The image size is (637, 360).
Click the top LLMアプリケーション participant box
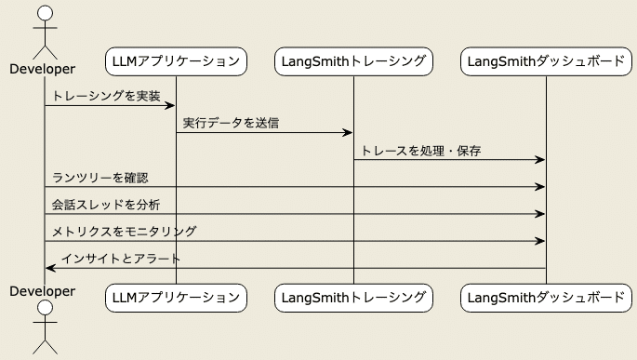tap(176, 62)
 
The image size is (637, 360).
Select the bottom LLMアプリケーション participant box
tap(176, 298)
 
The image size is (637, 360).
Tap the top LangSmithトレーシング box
tap(353, 62)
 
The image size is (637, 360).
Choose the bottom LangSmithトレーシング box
tap(353, 298)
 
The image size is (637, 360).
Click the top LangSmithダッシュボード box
tap(546, 62)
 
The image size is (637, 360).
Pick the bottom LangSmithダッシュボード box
tap(546, 298)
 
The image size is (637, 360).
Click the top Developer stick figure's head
tap(44, 13)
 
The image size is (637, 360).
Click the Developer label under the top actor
tap(43, 69)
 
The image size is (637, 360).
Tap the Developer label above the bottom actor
tap(43, 291)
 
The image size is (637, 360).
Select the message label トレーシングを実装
tap(106, 96)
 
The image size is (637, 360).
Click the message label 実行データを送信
tap(232, 123)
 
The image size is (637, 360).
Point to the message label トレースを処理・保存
tap(420, 150)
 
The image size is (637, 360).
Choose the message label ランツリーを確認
tap(100, 177)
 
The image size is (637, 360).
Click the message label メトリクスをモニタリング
tap(124, 231)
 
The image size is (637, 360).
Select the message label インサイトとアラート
tap(121, 258)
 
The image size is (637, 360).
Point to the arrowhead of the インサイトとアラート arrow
tap(50, 268)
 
